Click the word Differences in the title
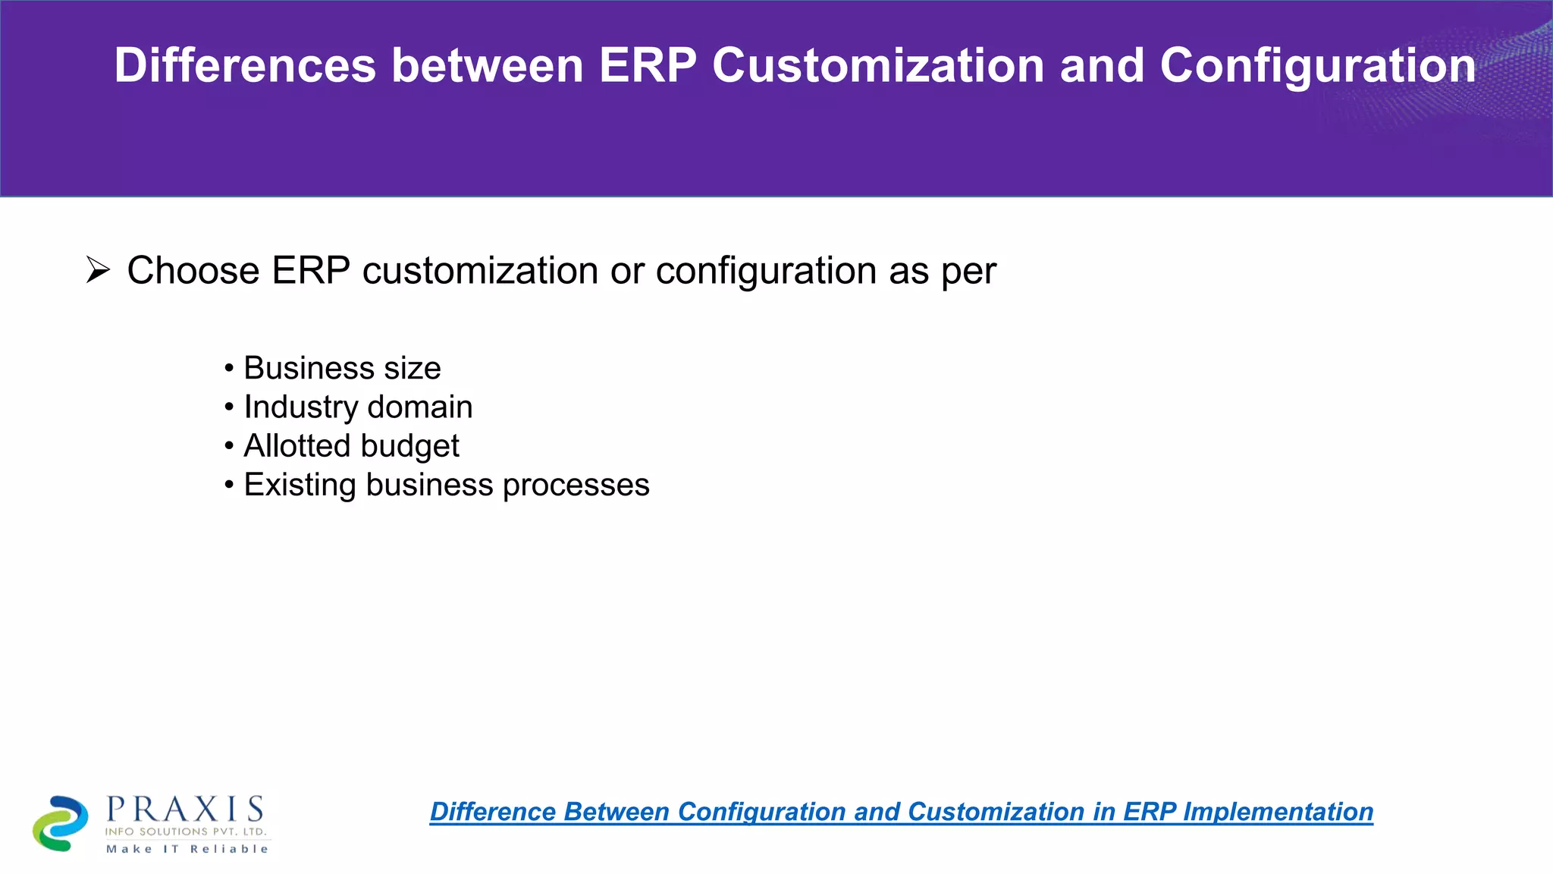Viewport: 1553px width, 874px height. click(244, 65)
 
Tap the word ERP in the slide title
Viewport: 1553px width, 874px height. click(647, 65)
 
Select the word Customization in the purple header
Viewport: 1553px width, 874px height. click(877, 65)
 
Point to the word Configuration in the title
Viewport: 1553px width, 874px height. click(1317, 65)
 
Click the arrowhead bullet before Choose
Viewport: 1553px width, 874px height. click(98, 270)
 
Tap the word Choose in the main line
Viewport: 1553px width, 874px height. click(193, 271)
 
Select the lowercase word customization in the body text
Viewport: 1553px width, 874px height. click(480, 271)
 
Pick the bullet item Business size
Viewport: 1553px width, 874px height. click(341, 369)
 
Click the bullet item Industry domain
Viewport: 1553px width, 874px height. click(357, 407)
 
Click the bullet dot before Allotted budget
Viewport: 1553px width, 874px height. click(229, 446)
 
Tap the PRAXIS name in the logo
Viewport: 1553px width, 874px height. click(186, 810)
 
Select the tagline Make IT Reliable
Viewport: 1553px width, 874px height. click(187, 849)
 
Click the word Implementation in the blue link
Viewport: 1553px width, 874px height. click(1278, 812)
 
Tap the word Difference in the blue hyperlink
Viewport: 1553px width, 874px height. click(493, 812)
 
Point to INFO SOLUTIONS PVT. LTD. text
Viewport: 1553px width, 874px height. click(186, 832)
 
